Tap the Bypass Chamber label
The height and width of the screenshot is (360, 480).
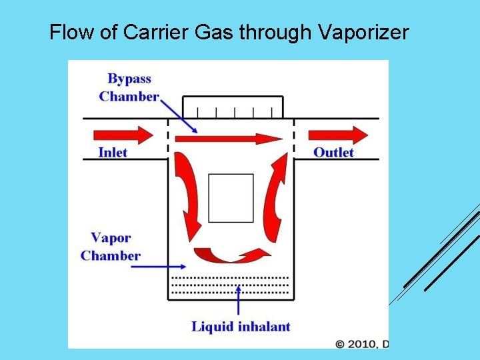(129, 87)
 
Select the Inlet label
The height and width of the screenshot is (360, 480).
(113, 153)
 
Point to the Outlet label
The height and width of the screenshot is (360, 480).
(333, 153)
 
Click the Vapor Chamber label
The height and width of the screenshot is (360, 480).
(111, 247)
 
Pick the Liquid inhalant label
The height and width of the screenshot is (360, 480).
(241, 327)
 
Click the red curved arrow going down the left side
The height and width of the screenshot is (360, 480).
(187, 197)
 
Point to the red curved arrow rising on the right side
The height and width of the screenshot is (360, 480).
(275, 197)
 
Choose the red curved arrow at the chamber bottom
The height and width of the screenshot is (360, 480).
(230, 255)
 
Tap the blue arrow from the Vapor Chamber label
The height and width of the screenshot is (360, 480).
(150, 267)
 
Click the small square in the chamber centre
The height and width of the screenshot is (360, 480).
(231, 198)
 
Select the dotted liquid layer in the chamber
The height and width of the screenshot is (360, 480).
(231, 284)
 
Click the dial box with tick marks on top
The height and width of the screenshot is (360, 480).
(233, 107)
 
